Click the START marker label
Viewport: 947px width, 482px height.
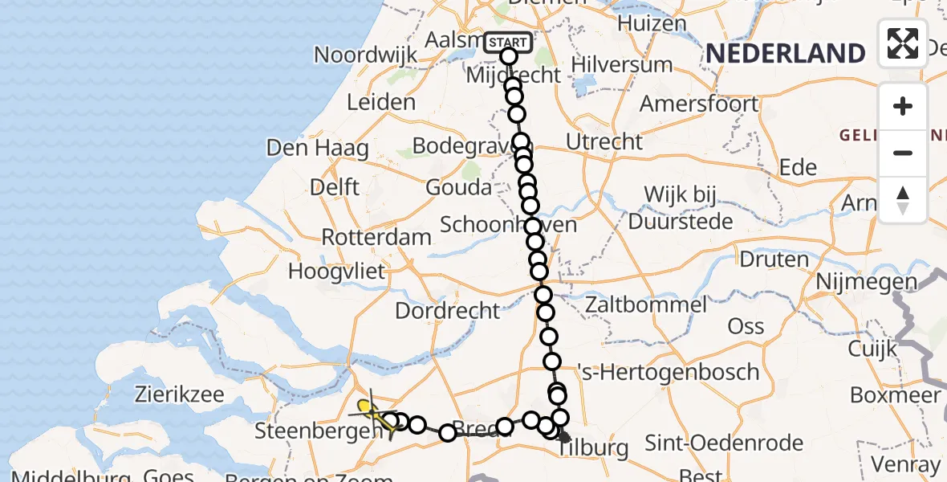pos(508,42)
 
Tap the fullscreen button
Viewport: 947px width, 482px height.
pos(903,43)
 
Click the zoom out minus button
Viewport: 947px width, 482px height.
pos(903,153)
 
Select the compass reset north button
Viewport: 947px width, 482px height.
pos(903,199)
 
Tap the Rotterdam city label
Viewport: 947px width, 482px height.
pos(376,238)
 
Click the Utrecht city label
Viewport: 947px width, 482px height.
pos(604,142)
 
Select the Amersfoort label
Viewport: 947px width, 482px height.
pos(698,104)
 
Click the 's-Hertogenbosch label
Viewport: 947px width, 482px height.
pos(668,372)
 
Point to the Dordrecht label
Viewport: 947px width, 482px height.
pos(448,310)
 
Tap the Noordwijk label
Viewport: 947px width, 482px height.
pos(366,55)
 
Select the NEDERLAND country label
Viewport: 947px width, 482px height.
pos(785,54)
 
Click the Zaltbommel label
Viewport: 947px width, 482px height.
pos(646,304)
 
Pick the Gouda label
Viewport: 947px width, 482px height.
pos(458,188)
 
